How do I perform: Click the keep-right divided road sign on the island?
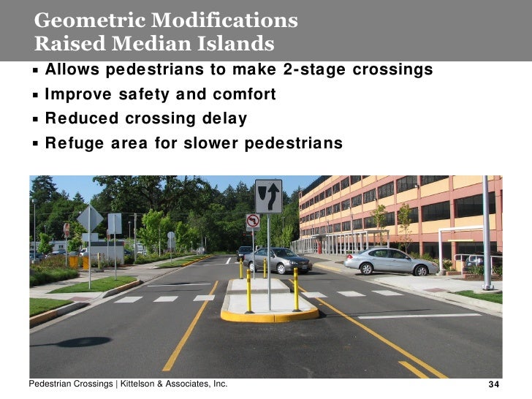(268, 196)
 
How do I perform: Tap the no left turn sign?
(252, 221)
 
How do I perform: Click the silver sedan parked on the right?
(392, 261)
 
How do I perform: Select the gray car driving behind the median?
(278, 260)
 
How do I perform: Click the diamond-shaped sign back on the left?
(90, 218)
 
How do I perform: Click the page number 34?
(493, 385)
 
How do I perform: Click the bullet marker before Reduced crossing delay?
(36, 119)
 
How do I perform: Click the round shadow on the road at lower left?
(81, 341)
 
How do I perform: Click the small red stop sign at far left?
(66, 229)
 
